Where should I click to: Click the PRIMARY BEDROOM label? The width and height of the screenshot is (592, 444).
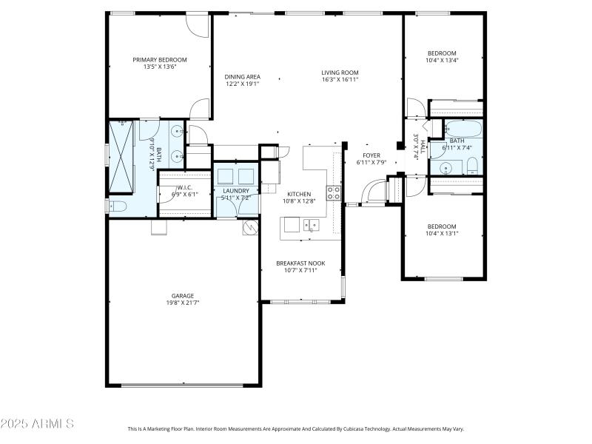pyautogui.click(x=160, y=60)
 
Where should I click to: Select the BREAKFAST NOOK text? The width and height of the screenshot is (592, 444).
pyautogui.click(x=300, y=263)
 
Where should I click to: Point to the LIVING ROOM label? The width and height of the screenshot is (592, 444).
pyautogui.click(x=340, y=73)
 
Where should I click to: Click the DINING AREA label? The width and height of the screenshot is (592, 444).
pyautogui.click(x=243, y=76)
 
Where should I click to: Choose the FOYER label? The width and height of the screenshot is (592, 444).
pyautogui.click(x=371, y=155)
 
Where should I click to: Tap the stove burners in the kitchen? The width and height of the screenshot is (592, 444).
pyautogui.click(x=334, y=193)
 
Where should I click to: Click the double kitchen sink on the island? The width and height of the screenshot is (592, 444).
pyautogui.click(x=309, y=224)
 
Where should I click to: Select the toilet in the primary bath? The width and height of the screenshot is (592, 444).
pyautogui.click(x=117, y=205)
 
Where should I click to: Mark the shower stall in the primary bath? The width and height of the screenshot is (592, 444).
pyautogui.click(x=122, y=156)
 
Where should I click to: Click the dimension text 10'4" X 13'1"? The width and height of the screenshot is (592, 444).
pyautogui.click(x=442, y=234)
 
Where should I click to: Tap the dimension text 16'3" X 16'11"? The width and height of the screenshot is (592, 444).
pyautogui.click(x=340, y=80)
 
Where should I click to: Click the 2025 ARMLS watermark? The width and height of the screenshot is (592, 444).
pyautogui.click(x=37, y=424)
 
